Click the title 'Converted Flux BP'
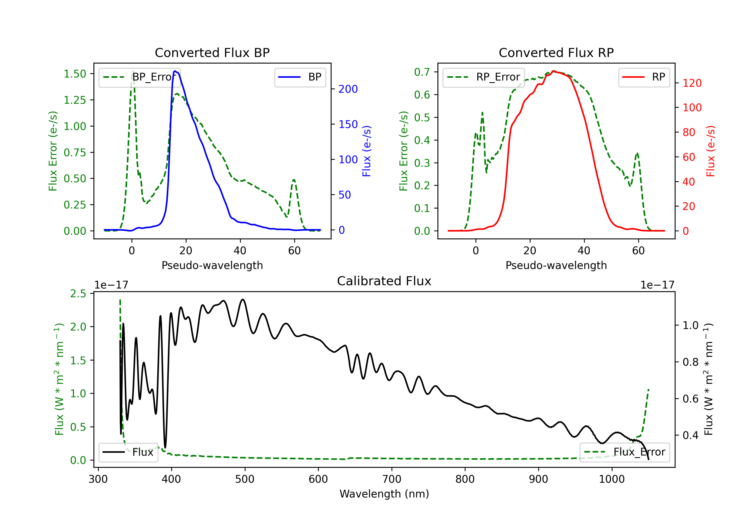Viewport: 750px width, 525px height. point(212,52)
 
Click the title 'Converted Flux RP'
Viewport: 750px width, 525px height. point(556,52)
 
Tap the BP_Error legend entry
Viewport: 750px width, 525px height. point(140,77)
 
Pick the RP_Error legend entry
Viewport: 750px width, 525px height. point(483,77)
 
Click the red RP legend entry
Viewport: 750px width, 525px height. point(644,77)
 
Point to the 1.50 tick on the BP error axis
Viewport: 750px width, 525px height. point(75,74)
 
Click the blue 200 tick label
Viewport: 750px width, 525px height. point(348,89)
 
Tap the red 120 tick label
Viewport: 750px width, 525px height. point(692,83)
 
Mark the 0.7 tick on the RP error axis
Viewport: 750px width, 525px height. point(422,72)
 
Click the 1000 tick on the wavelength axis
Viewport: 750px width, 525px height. point(611,479)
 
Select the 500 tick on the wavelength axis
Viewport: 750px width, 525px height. point(245,479)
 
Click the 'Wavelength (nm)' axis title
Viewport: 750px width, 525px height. point(384,494)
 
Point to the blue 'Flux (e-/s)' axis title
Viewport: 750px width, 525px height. point(366,151)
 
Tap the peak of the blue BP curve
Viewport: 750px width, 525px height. point(175,71)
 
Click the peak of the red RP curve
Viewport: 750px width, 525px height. point(553,71)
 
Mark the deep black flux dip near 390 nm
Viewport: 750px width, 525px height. point(165,447)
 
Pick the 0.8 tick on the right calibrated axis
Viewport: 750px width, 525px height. point(690,362)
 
